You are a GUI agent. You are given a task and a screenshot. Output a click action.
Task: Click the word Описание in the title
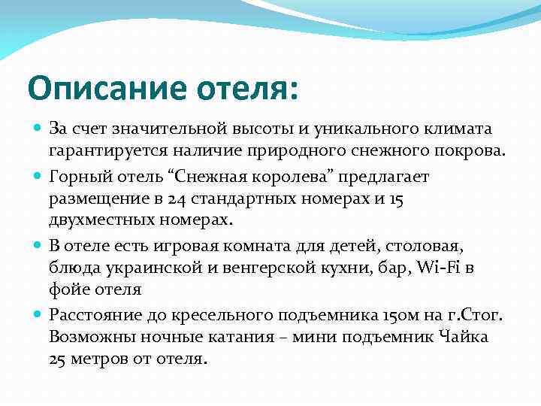click(98, 88)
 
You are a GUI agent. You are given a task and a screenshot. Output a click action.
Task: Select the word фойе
click(68, 290)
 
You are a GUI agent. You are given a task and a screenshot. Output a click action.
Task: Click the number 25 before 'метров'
click(59, 359)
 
